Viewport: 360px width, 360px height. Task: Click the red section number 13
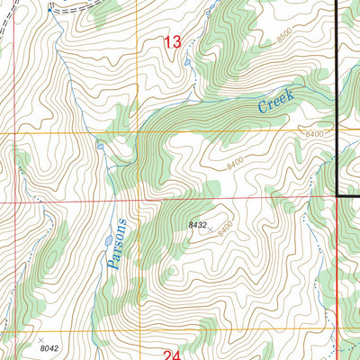click(174, 40)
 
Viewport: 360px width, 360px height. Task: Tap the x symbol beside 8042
click(40, 339)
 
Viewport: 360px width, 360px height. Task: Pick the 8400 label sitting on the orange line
click(314, 134)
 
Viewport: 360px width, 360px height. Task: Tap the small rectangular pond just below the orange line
click(99, 145)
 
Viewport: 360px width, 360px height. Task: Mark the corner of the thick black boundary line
click(338, 193)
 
